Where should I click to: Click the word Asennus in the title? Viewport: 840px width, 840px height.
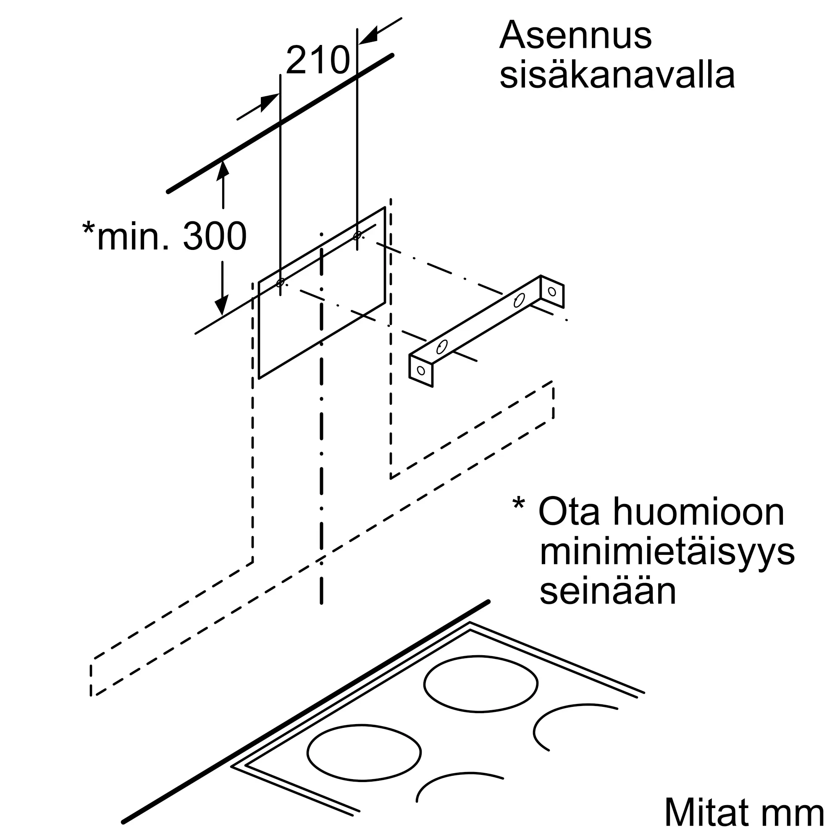[x=575, y=36]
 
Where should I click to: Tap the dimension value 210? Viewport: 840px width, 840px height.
[x=318, y=60]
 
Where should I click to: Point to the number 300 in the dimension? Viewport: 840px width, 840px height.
[x=215, y=236]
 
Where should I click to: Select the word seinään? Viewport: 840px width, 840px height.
[x=608, y=591]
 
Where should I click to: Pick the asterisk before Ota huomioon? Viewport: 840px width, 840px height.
[x=519, y=505]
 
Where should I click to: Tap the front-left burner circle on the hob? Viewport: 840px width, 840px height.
[x=364, y=752]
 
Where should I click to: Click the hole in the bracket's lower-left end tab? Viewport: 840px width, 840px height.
[x=421, y=370]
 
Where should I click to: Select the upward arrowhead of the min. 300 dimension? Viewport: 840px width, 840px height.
[x=223, y=169]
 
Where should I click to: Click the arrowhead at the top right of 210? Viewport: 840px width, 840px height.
[x=368, y=38]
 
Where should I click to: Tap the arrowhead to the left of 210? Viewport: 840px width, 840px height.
[x=269, y=102]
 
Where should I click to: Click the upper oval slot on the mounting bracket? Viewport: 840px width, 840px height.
[x=519, y=300]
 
